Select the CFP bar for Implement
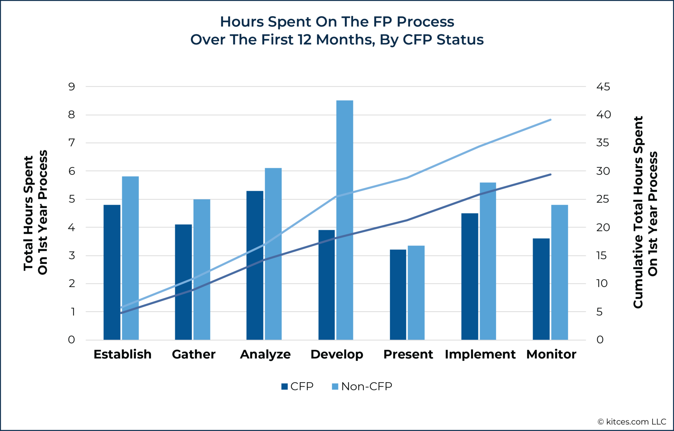click(470, 276)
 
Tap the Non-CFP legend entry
click(362, 386)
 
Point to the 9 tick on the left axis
click(71, 87)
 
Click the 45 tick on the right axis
click(603, 87)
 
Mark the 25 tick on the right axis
click(603, 199)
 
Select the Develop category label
click(337, 354)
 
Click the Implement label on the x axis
click(480, 354)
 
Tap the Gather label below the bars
click(194, 354)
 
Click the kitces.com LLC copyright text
click(632, 422)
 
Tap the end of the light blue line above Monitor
click(551, 120)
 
